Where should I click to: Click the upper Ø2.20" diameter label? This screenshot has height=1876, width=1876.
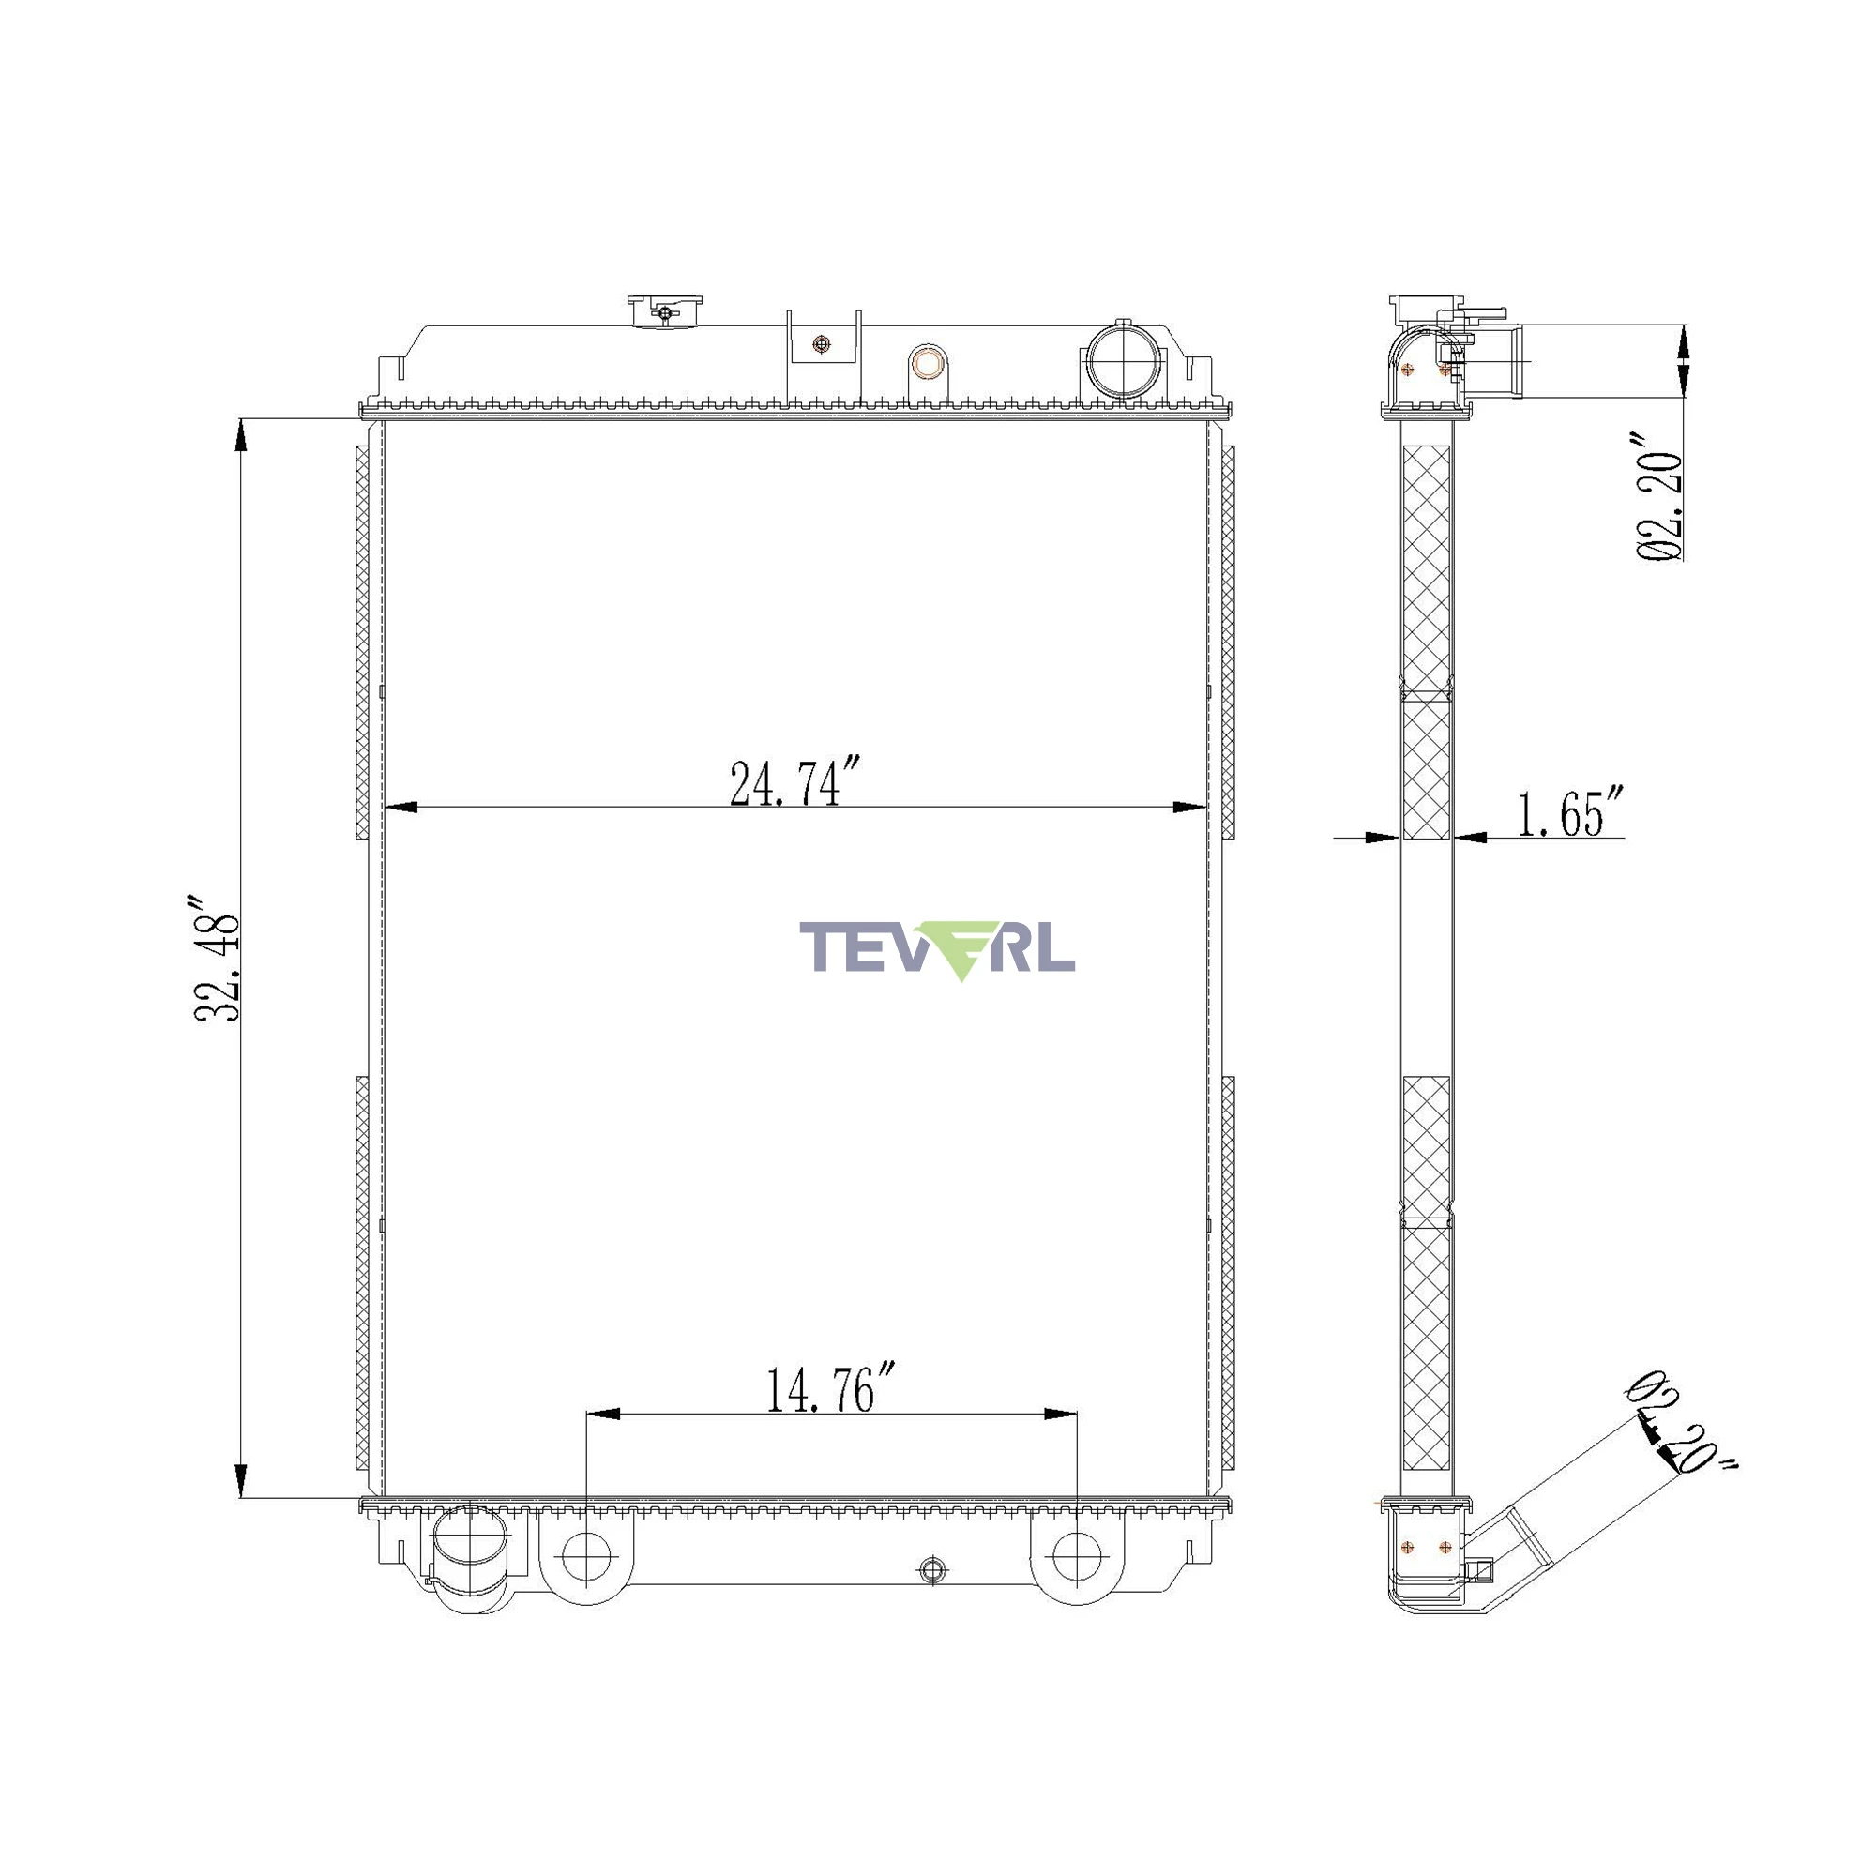1659,496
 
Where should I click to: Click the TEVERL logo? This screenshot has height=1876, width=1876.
937,948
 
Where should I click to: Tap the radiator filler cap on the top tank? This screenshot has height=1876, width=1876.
664,311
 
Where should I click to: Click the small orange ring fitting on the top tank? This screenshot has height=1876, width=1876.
930,364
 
